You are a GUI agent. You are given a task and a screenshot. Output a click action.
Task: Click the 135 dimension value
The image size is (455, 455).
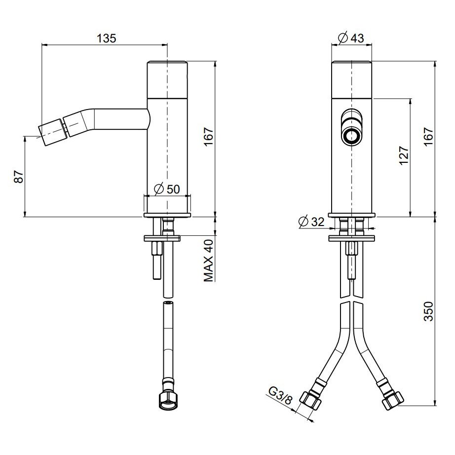(106, 38)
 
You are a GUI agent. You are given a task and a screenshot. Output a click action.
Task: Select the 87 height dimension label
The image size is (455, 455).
(19, 176)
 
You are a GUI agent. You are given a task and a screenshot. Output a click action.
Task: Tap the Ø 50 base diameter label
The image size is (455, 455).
(167, 189)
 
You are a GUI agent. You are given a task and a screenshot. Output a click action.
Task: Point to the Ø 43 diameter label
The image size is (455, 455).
(351, 38)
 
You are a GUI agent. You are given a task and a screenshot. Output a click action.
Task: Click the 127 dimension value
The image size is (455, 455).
(404, 155)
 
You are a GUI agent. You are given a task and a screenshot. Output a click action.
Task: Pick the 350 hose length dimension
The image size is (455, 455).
(429, 311)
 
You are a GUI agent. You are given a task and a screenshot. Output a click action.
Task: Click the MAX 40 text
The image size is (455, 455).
(209, 260)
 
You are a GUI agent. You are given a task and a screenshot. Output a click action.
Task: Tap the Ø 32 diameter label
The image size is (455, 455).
(311, 222)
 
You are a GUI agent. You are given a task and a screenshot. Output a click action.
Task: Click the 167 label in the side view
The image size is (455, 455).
(209, 137)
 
